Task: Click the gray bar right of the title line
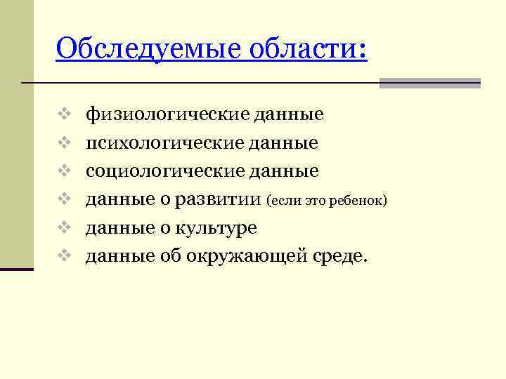[x=429, y=83]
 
